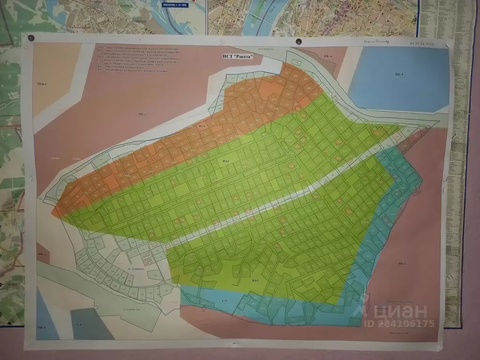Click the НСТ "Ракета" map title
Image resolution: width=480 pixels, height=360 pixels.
pos(238,56)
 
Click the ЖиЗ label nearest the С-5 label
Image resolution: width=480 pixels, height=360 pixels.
pos(255,280)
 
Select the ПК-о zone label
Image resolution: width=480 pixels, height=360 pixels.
pos(328,56)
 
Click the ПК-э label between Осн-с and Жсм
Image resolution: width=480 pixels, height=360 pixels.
pos(142,114)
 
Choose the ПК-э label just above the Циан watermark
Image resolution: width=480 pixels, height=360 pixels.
pos(402,263)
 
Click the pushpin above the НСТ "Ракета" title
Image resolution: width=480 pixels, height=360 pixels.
pos(298,42)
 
